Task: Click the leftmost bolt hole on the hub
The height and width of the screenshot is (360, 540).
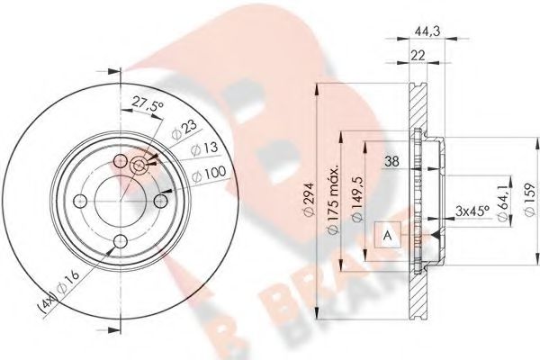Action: coord(80,201)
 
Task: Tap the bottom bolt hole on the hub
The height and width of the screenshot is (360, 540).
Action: coord(121,240)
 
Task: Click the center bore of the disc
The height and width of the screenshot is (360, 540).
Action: coord(121,201)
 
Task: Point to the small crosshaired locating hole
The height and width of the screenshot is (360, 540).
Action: coord(139,165)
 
